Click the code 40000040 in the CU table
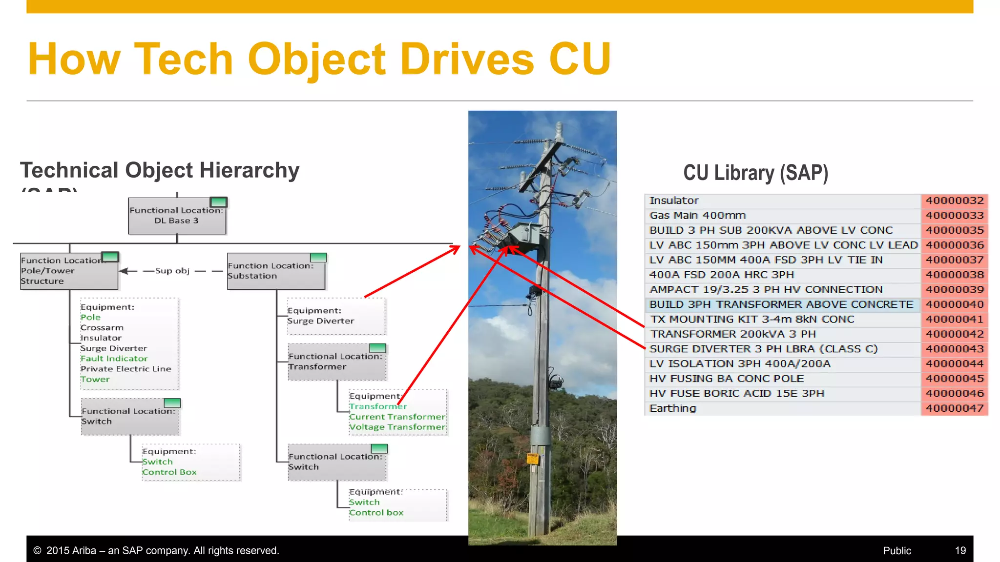(x=954, y=304)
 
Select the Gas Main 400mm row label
(x=697, y=216)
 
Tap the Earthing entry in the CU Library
(x=672, y=408)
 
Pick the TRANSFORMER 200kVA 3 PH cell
(x=732, y=334)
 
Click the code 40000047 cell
(x=954, y=408)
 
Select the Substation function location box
(x=276, y=271)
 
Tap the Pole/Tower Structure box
(x=69, y=271)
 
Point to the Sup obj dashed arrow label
(x=172, y=271)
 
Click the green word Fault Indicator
(x=114, y=359)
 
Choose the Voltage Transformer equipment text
(x=397, y=427)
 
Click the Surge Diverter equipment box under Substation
(x=336, y=316)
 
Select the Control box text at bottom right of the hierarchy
(x=376, y=513)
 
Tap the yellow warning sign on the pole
(x=532, y=459)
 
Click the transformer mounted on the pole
(x=525, y=237)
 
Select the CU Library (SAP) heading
(x=755, y=173)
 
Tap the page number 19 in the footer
(x=960, y=551)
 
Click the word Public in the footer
(x=896, y=551)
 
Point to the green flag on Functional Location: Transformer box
(x=377, y=348)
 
